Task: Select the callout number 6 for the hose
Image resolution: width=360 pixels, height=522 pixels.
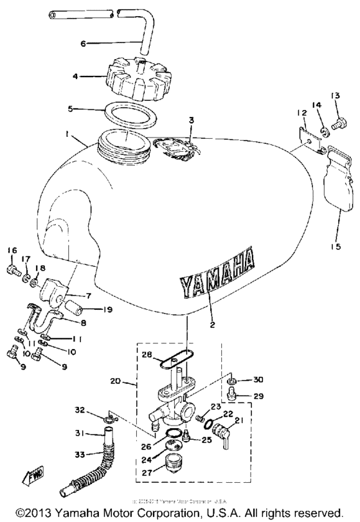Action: (x=83, y=44)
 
